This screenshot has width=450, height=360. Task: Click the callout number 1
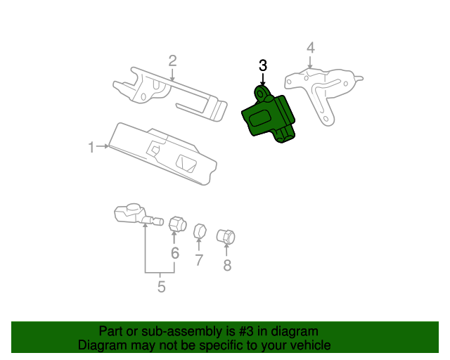(x=91, y=147)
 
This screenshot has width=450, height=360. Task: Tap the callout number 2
(x=172, y=61)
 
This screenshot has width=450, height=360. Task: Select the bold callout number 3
(x=263, y=65)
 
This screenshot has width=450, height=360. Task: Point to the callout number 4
(x=310, y=48)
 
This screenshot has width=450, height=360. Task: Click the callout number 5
(x=161, y=286)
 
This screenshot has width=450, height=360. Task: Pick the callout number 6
(x=175, y=253)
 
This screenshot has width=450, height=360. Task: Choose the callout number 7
(x=199, y=260)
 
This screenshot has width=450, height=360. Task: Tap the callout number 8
(x=227, y=265)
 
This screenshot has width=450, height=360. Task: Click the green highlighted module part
(x=270, y=118)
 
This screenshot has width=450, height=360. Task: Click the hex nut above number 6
(x=176, y=224)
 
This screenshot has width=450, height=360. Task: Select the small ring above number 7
(x=200, y=230)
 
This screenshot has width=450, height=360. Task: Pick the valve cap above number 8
(x=226, y=237)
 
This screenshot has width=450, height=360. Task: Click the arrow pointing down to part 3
(x=263, y=78)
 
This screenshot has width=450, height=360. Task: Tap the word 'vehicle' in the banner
(x=308, y=346)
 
